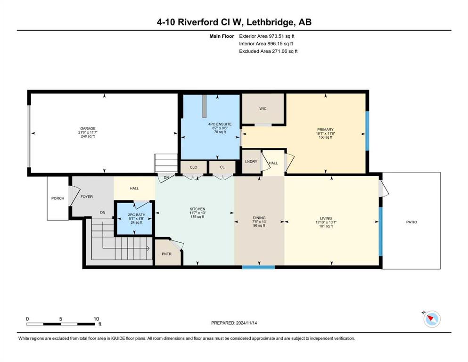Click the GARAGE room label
point(88,129)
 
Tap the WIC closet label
point(263,108)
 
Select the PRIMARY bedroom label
point(325,130)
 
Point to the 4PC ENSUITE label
point(220,124)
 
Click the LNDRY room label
point(251,162)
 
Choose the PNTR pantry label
point(166,254)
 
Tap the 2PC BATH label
point(137,214)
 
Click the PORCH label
point(57,198)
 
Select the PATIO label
point(411,222)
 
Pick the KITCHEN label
point(197,209)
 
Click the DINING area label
point(259,218)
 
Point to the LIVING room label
point(326,218)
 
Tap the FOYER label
point(87,197)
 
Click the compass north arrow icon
point(432,319)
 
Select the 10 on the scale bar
point(96,319)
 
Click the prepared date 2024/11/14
point(246,323)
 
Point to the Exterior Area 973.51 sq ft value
point(282,36)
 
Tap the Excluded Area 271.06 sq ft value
point(285,51)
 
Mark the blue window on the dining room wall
point(258,267)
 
